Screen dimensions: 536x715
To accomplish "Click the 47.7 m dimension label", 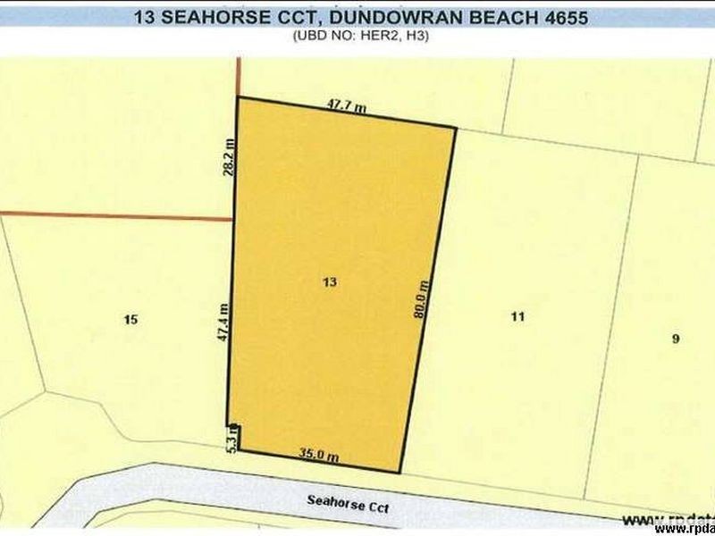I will [x=347, y=106].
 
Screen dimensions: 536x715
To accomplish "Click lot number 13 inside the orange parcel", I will [x=330, y=282].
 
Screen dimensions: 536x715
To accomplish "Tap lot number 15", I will [x=131, y=319].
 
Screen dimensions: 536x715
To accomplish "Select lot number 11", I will [x=517, y=315].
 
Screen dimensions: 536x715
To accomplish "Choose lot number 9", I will [x=676, y=338].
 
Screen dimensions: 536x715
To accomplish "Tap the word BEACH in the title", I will [x=484, y=16].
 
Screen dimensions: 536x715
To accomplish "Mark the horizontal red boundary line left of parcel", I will [x=116, y=215].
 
